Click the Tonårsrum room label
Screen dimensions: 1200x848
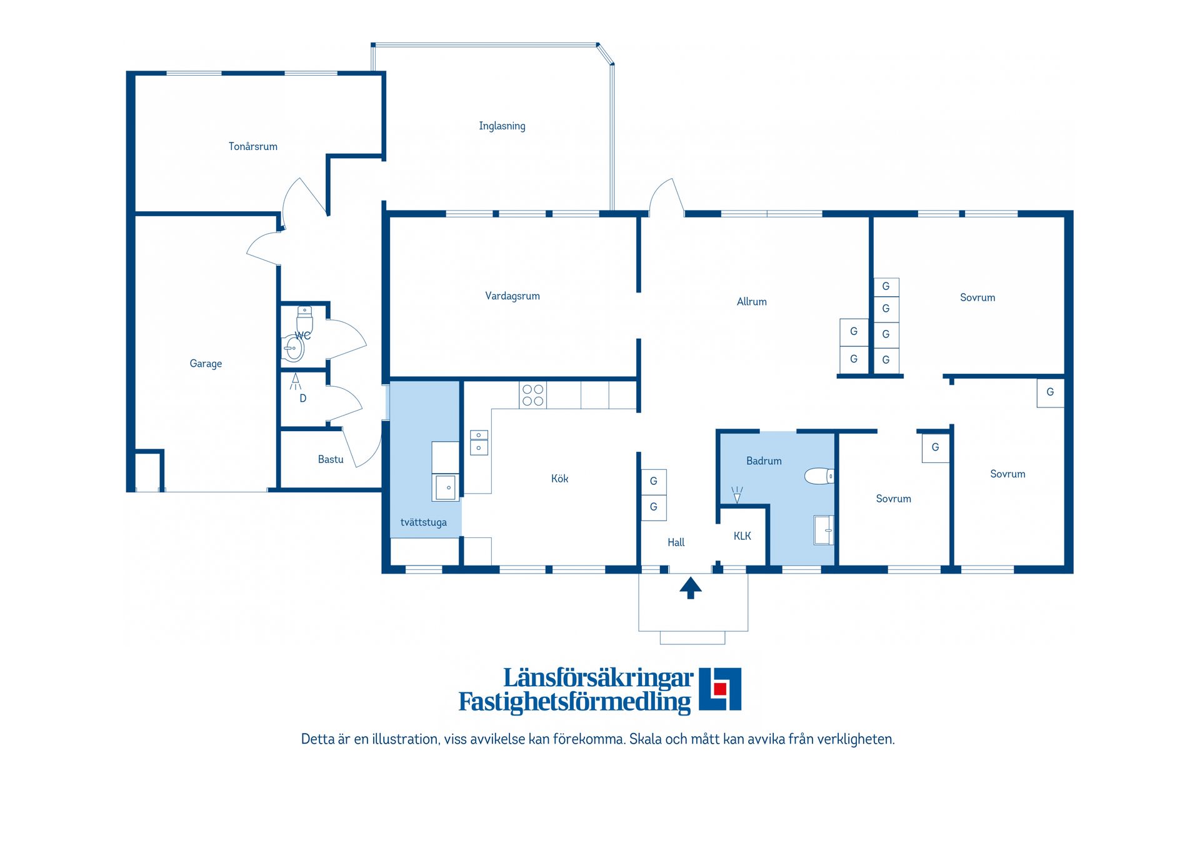point(252,146)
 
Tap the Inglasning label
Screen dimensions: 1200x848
point(502,126)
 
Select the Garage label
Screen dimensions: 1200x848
point(206,364)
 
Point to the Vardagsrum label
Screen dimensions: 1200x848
point(512,296)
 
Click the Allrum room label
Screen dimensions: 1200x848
point(751,302)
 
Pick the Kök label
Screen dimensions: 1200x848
point(559,479)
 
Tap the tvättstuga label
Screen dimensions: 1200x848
point(423,522)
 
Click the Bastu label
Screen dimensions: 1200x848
point(331,459)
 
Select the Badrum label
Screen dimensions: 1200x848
point(764,461)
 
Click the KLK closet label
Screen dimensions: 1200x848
point(742,536)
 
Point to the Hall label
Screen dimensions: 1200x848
point(676,542)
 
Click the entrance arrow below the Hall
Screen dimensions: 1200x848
point(691,588)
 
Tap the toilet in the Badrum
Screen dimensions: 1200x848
point(819,477)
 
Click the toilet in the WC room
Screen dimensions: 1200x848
point(304,320)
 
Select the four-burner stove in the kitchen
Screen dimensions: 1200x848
point(532,396)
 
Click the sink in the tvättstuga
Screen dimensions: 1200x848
point(445,487)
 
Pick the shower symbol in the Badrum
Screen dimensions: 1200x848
point(737,494)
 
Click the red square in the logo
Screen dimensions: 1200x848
point(719,689)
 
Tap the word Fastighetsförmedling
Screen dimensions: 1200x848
point(574,702)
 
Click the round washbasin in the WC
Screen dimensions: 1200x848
point(293,349)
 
